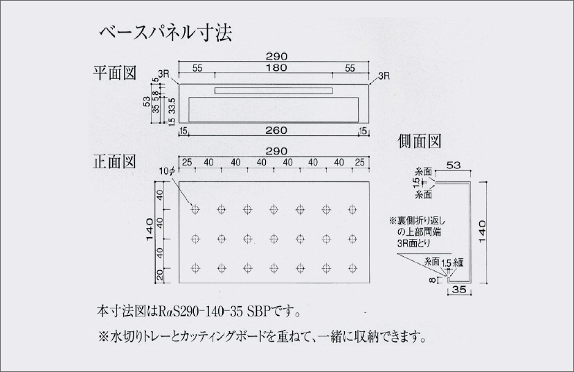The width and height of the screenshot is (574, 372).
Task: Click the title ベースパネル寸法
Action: (x=165, y=32)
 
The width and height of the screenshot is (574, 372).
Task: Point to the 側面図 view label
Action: (x=420, y=141)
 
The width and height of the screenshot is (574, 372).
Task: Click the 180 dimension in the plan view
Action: (x=275, y=68)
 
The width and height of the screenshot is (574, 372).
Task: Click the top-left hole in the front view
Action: (x=196, y=209)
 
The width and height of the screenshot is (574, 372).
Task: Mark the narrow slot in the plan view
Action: (x=274, y=91)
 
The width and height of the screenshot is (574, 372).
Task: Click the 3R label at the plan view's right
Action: (x=384, y=76)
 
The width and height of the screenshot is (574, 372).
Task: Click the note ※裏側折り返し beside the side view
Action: (x=419, y=220)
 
